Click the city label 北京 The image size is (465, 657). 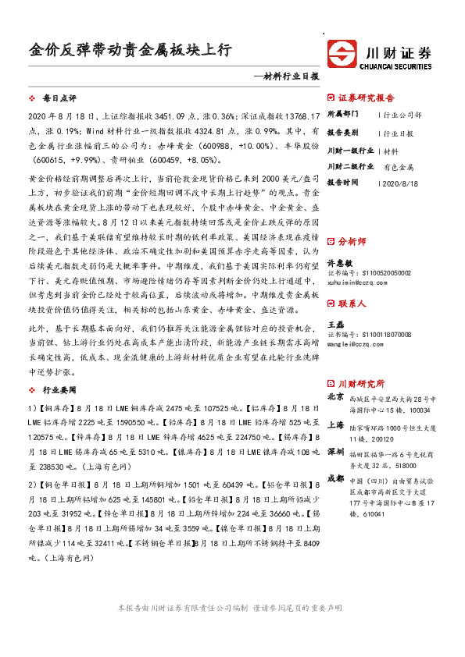pyautogui.click(x=335, y=396)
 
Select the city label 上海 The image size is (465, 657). pyautogui.click(x=335, y=425)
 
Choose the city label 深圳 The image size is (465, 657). pyautogui.click(x=335, y=452)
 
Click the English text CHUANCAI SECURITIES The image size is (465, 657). pyautogui.click(x=399, y=66)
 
